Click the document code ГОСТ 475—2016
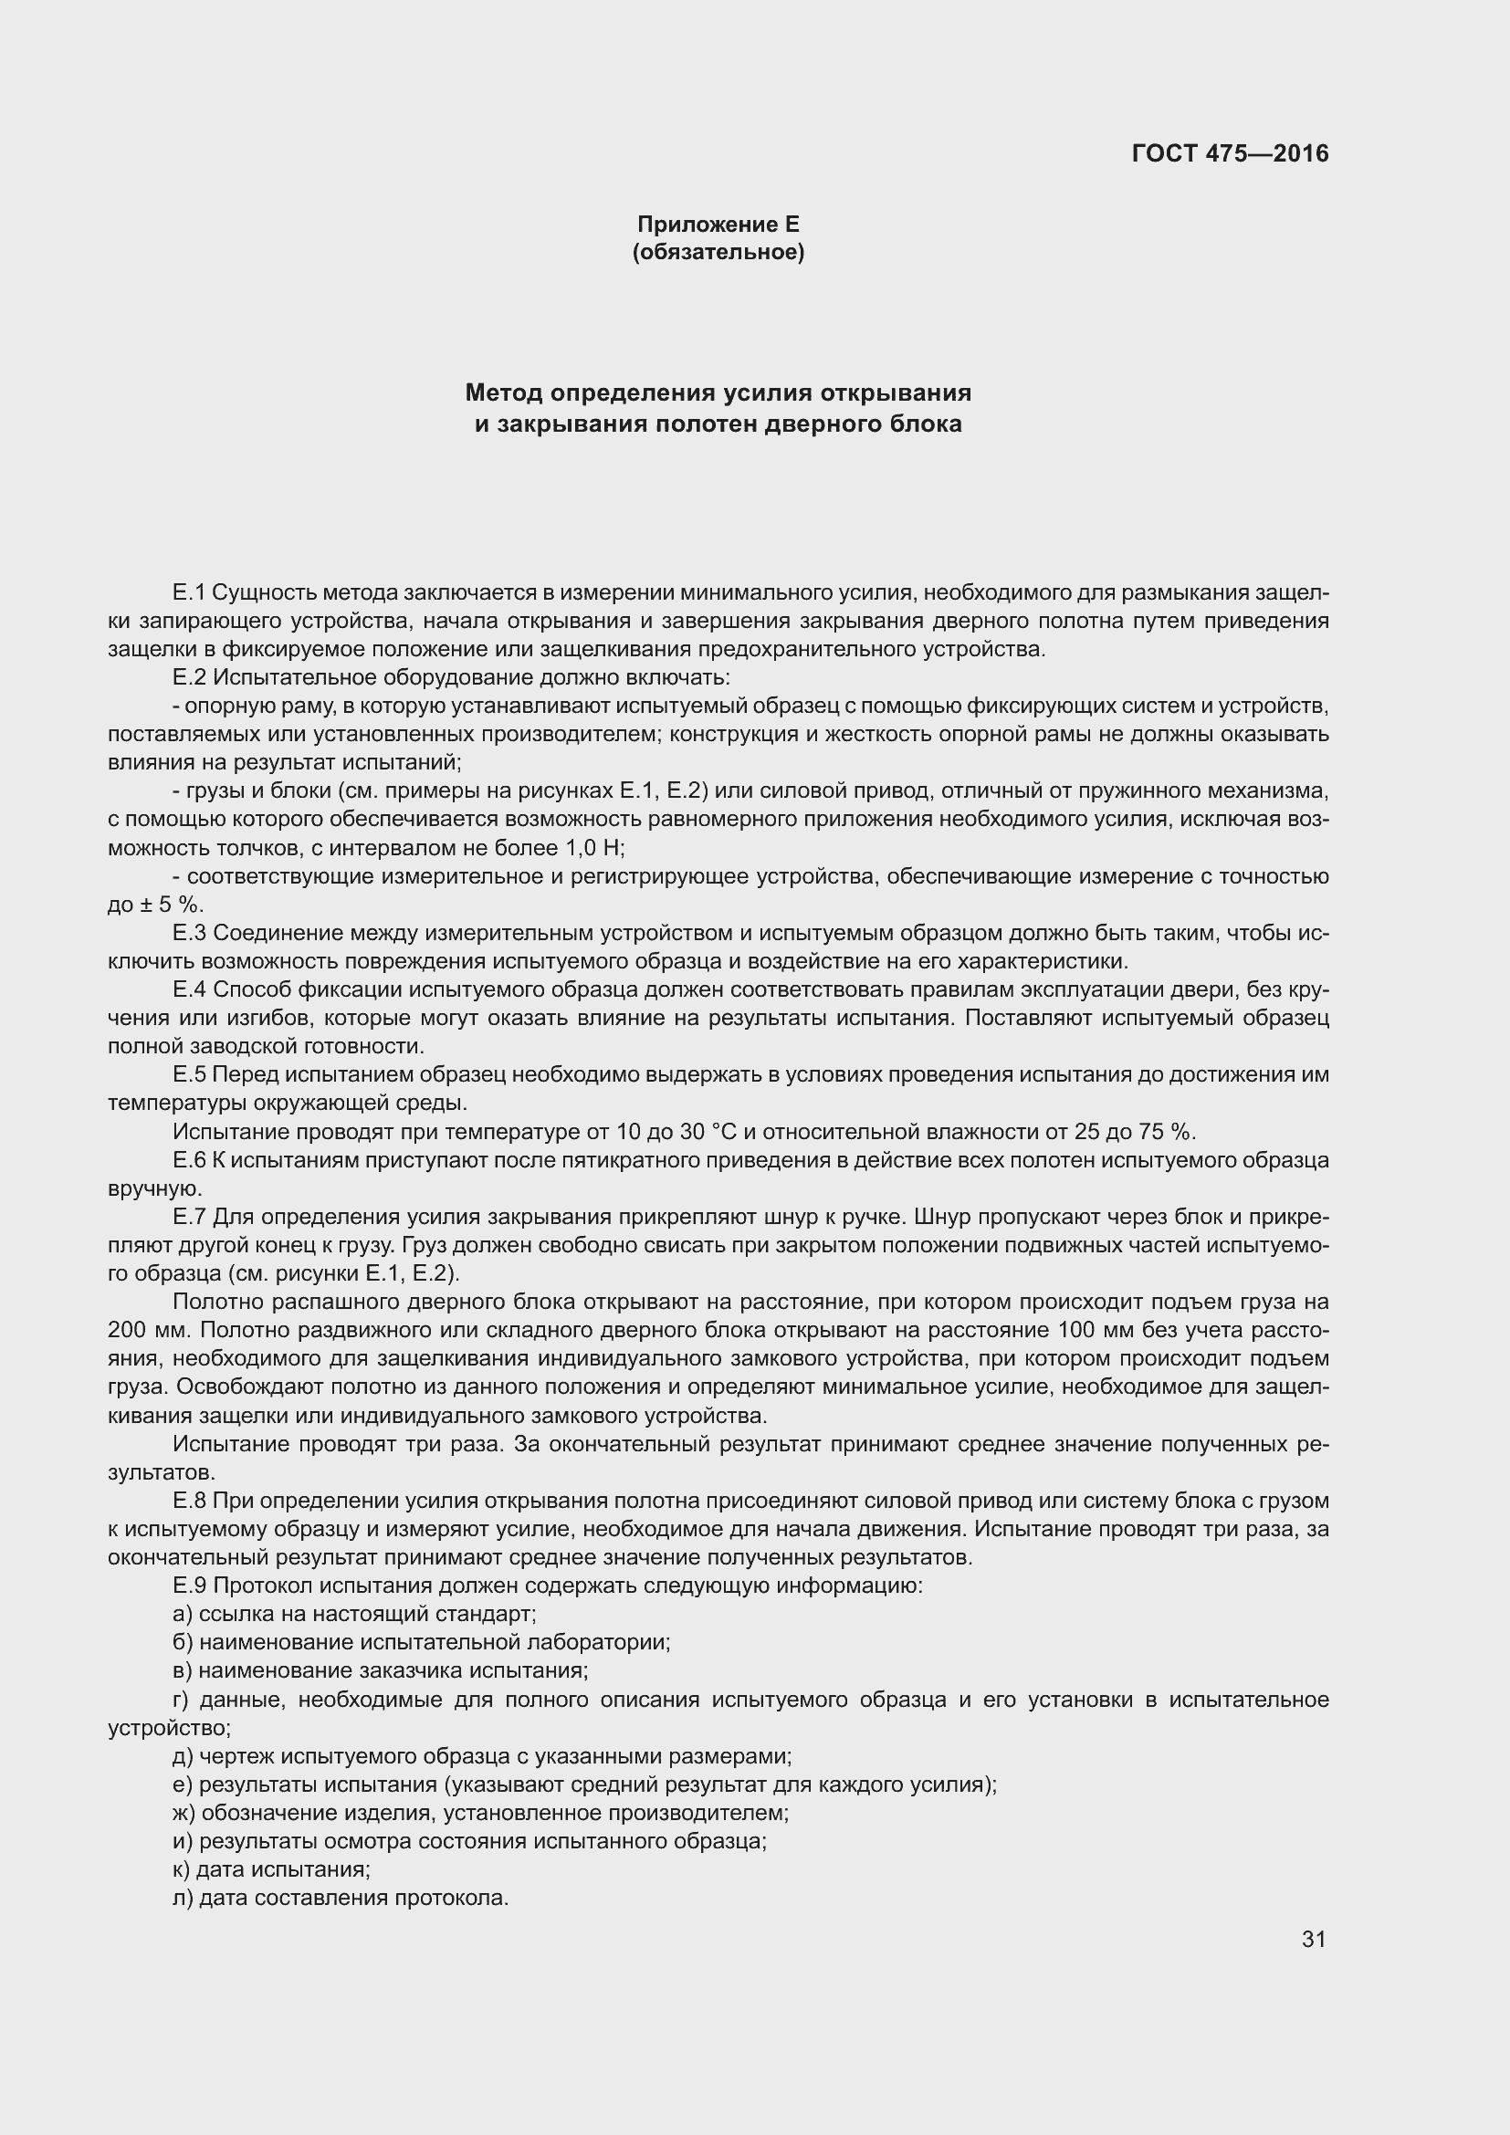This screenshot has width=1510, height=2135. (1230, 153)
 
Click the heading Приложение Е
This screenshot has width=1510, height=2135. (718, 225)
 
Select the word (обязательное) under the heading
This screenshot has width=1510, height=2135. (718, 252)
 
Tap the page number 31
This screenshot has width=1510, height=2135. (1313, 1939)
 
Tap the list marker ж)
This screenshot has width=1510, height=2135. (184, 1813)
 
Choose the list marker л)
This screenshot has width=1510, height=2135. (183, 1898)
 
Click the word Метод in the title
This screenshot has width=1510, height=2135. (504, 393)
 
